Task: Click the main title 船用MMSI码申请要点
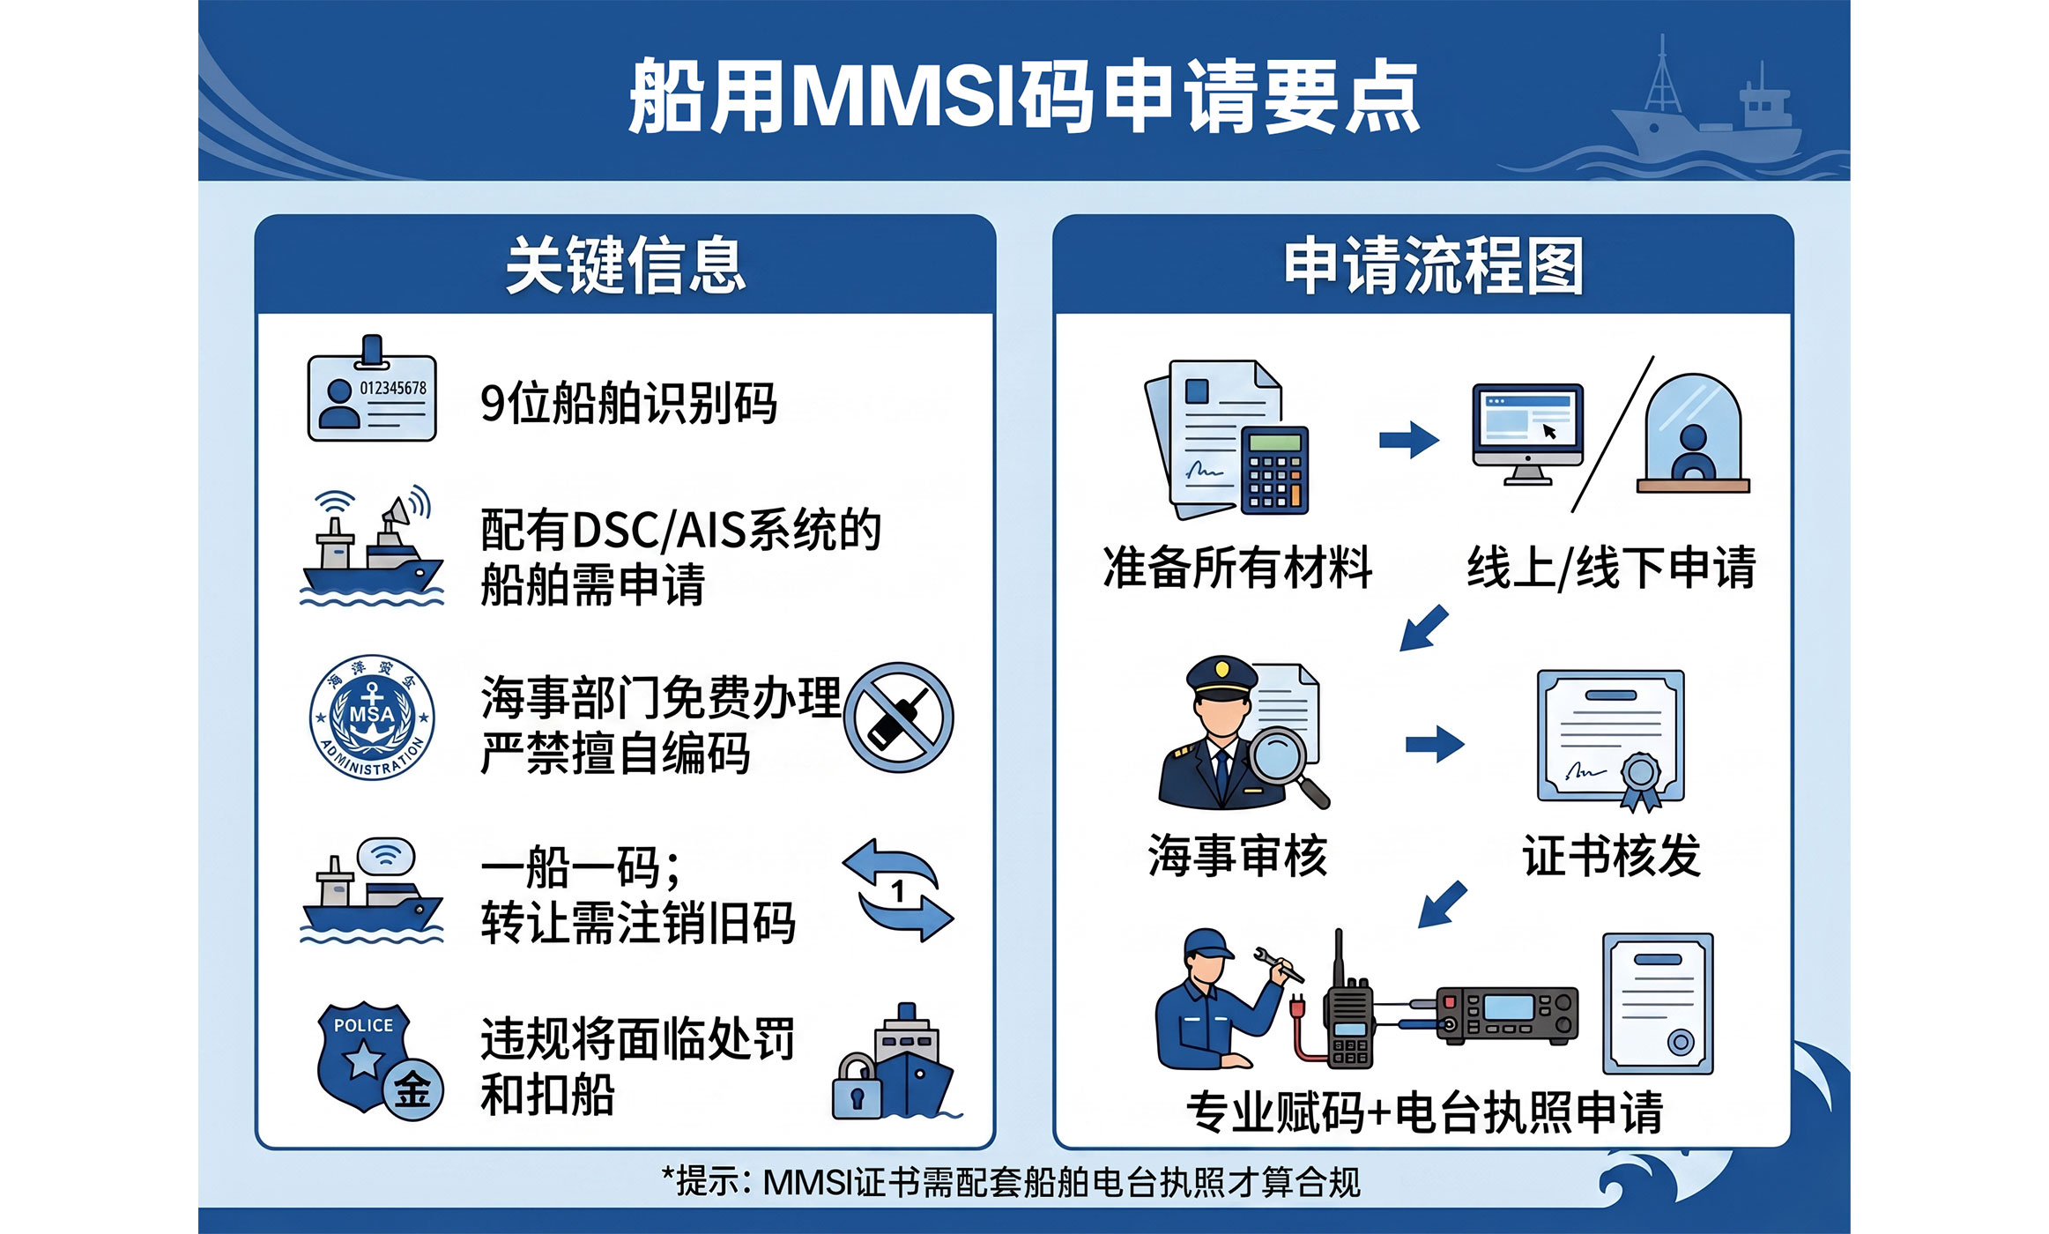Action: click(x=1024, y=96)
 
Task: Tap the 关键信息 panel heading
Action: click(x=626, y=264)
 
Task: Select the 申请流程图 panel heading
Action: click(x=1434, y=264)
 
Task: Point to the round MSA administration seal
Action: click(x=372, y=717)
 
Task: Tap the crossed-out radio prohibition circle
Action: click(x=898, y=717)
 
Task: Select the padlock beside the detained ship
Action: click(x=856, y=1087)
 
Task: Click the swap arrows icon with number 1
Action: click(x=898, y=890)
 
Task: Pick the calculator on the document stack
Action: click(x=1274, y=470)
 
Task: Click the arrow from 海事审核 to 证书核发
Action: click(x=1435, y=744)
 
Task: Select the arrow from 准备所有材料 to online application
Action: click(x=1408, y=440)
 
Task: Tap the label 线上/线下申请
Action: click(x=1611, y=567)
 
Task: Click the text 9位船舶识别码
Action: click(x=628, y=404)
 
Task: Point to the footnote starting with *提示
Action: click(x=1011, y=1182)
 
